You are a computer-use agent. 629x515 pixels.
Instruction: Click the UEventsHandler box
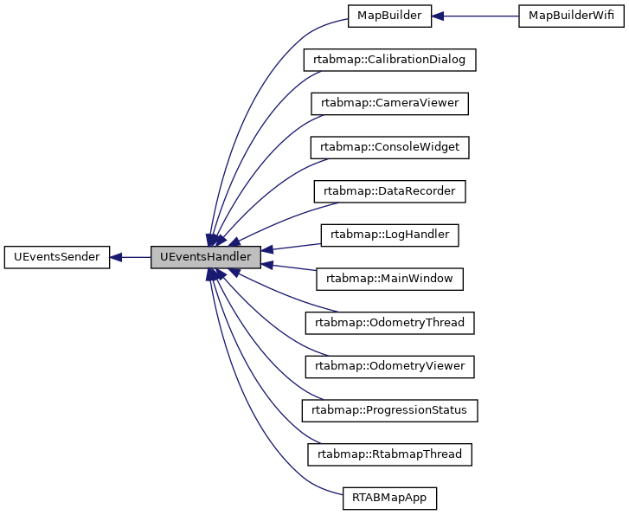206,257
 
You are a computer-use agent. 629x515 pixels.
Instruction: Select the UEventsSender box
57,257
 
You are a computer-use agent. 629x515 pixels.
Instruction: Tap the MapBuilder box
388,16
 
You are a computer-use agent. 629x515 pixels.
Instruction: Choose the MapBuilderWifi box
571,16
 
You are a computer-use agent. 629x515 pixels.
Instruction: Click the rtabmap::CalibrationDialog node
389,60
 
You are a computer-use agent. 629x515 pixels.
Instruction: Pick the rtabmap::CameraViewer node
389,104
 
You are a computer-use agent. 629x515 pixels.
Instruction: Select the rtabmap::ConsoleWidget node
389,148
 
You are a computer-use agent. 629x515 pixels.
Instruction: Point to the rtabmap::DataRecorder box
389,191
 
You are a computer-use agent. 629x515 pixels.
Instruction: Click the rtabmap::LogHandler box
389,235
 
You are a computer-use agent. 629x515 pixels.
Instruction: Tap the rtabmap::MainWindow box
389,279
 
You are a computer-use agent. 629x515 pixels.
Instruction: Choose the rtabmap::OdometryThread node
389,323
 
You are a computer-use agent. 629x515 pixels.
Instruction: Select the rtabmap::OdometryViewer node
389,366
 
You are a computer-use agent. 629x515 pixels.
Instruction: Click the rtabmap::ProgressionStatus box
389,410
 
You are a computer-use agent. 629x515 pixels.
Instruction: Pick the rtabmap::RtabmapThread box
389,454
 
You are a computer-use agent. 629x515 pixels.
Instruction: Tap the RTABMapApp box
389,498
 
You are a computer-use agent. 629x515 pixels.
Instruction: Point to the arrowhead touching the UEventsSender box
118,257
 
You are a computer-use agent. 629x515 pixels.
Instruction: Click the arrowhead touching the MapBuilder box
439,16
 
